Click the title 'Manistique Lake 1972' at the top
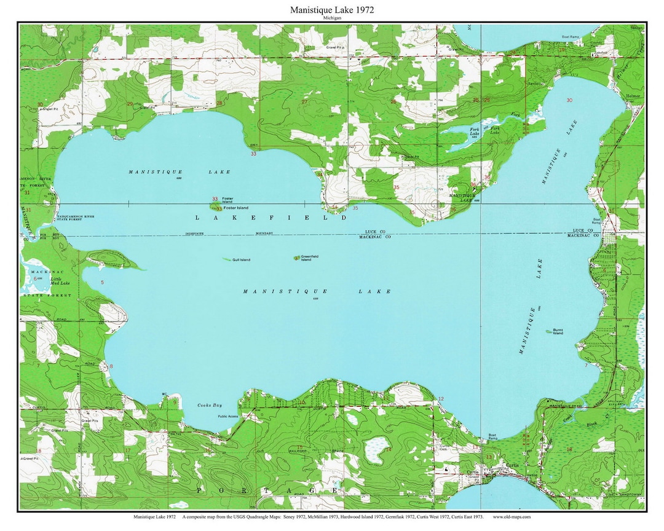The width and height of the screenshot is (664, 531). click(332, 10)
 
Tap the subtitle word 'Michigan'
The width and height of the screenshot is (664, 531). click(332, 18)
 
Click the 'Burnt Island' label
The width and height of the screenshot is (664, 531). click(558, 331)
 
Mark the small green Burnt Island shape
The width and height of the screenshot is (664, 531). click(548, 331)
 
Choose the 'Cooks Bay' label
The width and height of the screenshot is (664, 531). click(208, 406)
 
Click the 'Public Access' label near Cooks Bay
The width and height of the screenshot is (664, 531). click(227, 416)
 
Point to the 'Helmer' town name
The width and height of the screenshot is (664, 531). click(633, 96)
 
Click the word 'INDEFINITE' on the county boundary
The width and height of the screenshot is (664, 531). click(199, 234)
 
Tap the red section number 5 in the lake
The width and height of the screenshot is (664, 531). click(103, 282)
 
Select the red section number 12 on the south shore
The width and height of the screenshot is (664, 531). click(440, 399)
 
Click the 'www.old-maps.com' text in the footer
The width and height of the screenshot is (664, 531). click(511, 517)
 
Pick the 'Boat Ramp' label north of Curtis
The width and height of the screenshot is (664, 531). click(493, 438)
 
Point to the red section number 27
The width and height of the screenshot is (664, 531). click(304, 101)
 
